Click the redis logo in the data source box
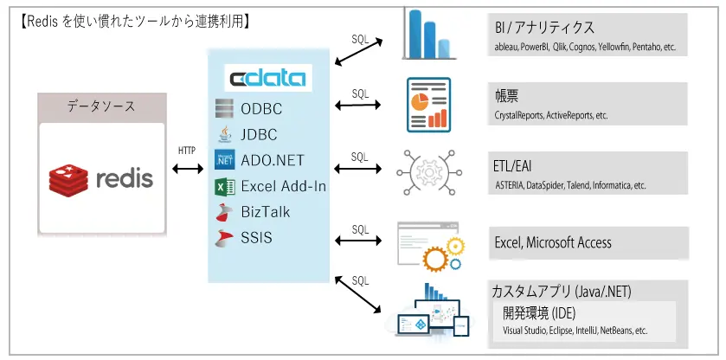point(102,178)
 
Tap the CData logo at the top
point(267,79)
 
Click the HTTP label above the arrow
point(186,151)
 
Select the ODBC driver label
point(261,109)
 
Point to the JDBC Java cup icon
point(225,134)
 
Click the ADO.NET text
point(273,159)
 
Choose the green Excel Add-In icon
point(225,185)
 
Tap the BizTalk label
point(266,211)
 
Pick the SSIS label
point(256,236)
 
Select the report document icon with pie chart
point(428,103)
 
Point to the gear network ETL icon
point(426,172)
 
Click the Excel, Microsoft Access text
point(552,242)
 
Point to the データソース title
point(101,106)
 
